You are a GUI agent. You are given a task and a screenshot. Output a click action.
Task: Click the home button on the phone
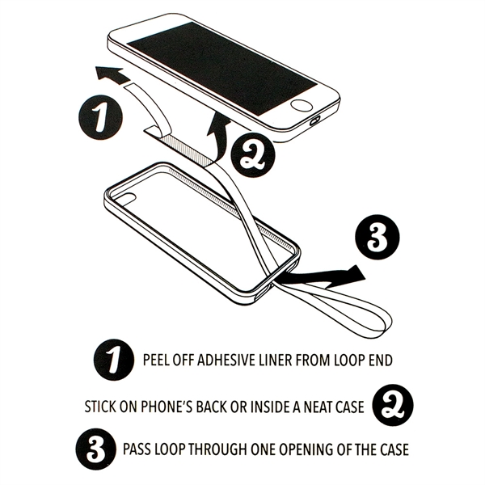tap(302, 104)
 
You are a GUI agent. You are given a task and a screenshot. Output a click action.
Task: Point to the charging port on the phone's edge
tap(315, 123)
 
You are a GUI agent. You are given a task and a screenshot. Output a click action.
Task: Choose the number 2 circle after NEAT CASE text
tap(391, 403)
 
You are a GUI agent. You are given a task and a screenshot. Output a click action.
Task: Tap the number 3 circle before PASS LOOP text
tap(94, 447)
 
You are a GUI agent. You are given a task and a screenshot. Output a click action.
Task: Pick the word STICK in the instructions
tap(99, 403)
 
